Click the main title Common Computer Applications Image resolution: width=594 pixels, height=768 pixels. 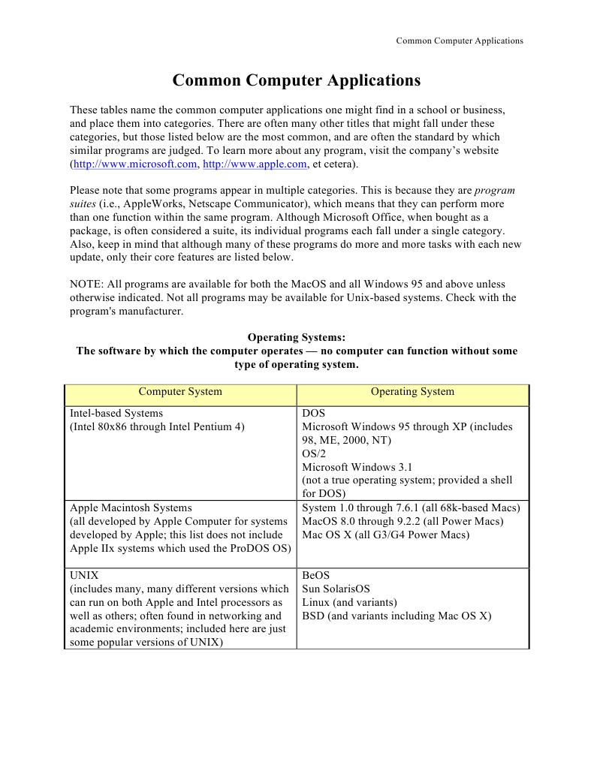coord(297,80)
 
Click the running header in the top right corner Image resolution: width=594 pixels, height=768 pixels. coord(459,41)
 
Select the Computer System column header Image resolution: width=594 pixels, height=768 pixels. coord(180,391)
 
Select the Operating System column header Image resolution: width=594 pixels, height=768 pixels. coord(412,391)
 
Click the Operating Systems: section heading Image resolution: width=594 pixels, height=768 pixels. coord(297,338)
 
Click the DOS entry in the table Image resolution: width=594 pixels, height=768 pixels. coord(313,414)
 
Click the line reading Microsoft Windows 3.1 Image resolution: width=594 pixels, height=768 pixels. coord(352,467)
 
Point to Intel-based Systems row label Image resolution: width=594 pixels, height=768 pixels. coord(116,414)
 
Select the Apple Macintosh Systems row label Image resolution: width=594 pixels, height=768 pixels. coord(131,508)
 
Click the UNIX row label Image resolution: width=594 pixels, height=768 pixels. coord(84,576)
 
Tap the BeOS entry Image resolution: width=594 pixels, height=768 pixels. coord(315,576)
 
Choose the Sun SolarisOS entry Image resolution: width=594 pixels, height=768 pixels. coord(336,589)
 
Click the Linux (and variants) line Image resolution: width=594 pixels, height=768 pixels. coord(349,603)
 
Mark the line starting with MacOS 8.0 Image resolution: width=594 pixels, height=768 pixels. coord(403,522)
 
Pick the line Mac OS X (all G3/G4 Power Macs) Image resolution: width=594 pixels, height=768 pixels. coord(385,535)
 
